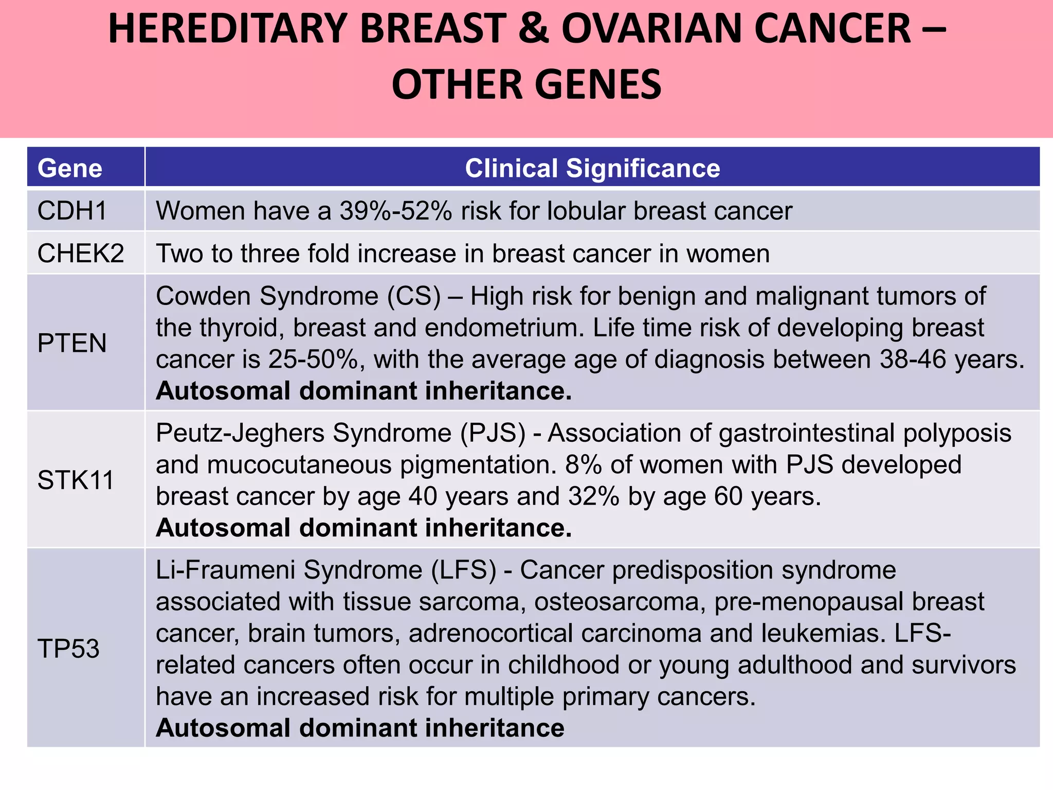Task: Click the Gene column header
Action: pyautogui.click(x=70, y=168)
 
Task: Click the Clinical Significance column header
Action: pyautogui.click(x=592, y=168)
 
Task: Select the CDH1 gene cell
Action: pyautogui.click(x=72, y=211)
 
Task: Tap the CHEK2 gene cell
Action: pyautogui.click(x=81, y=253)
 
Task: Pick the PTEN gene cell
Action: pyautogui.click(x=72, y=343)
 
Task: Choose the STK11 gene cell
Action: pyautogui.click(x=76, y=480)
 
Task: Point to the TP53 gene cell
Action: pyautogui.click(x=68, y=648)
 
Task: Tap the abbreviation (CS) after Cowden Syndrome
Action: pyautogui.click(x=414, y=297)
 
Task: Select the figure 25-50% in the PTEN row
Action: pyautogui.click(x=313, y=360)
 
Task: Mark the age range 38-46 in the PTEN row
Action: pyautogui.click(x=913, y=360)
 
